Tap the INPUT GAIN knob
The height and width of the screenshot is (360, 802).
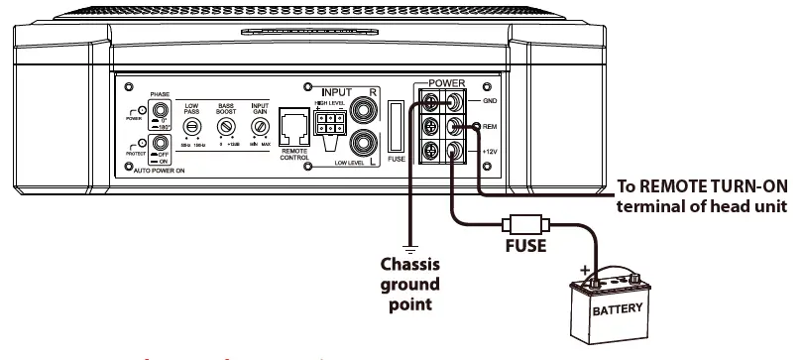259,128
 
